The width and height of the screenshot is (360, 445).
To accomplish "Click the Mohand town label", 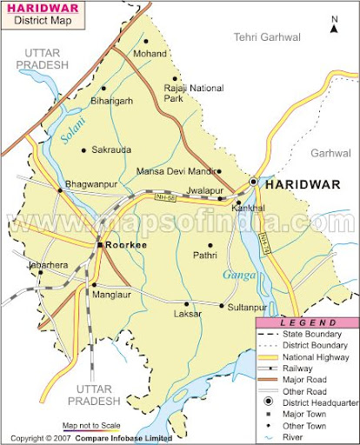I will pos(149,54).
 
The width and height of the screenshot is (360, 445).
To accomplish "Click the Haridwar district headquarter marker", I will pos(253,183).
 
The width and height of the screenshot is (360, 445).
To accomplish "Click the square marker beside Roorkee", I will pos(99,246).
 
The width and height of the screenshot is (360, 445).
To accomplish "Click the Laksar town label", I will pos(187,313).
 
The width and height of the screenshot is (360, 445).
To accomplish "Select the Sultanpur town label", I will pos(246,307).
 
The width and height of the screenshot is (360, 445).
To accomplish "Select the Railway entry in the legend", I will pos(302,368).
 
